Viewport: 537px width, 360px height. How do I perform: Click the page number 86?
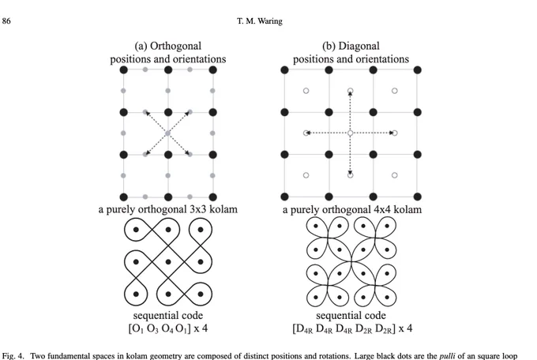6,21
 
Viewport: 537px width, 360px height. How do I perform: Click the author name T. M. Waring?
260,21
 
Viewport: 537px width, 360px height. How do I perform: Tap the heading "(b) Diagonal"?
351,46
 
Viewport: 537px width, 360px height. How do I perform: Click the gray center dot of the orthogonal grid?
167,133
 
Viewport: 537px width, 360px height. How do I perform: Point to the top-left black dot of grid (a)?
124,70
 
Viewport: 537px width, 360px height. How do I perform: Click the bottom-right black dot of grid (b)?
417,197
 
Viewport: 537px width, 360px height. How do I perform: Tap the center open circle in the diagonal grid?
350,133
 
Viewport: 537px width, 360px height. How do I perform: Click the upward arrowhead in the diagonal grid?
350,93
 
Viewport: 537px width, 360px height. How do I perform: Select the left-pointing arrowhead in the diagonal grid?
308,133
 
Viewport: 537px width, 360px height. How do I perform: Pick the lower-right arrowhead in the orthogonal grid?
188,152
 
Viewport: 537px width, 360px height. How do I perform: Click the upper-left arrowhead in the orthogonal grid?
148,114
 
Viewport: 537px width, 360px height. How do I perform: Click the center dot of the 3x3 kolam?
168,262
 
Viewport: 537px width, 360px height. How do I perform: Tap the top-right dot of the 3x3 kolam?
201,230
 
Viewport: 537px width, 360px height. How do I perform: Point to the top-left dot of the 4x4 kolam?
316,226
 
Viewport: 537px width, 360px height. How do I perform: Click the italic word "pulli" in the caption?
447,356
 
